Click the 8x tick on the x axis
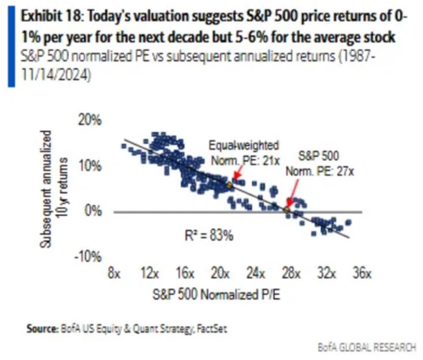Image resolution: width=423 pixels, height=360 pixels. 114,274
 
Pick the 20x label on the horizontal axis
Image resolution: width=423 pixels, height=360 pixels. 220,274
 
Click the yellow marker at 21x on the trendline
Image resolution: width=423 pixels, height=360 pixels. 228,185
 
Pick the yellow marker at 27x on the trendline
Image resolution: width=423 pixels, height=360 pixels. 287,210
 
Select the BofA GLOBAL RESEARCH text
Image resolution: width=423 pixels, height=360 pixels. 367,347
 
